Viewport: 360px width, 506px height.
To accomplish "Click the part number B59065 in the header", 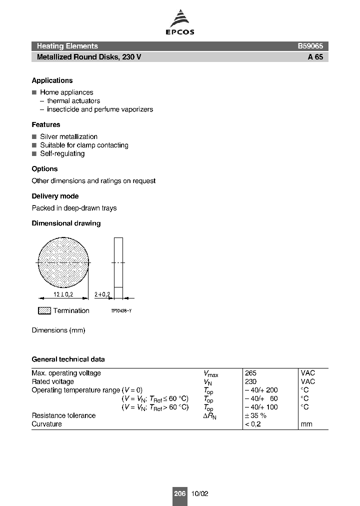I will point(310,46).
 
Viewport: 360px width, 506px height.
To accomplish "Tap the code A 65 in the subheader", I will point(315,57).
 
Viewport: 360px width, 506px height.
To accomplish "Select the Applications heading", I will point(52,80).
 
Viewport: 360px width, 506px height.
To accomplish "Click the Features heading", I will point(46,124).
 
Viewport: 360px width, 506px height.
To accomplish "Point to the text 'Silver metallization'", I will point(68,136).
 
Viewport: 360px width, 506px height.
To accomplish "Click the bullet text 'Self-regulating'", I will point(62,153).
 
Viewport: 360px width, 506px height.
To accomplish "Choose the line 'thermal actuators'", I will point(73,100).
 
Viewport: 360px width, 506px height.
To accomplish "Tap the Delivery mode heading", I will point(55,196).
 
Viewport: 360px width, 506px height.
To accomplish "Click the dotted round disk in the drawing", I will point(63,262).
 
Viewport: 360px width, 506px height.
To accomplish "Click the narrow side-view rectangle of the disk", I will point(118,262).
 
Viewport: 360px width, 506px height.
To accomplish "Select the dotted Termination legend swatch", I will point(44,310).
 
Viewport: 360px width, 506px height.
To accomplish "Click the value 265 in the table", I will point(250,373).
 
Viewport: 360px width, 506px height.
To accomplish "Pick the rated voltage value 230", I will point(250,381).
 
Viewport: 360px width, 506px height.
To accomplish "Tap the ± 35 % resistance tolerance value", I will point(255,415).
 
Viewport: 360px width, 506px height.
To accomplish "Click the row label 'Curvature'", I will point(47,424).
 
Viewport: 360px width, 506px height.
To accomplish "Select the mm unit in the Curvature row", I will point(306,424).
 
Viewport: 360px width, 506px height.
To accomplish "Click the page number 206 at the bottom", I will point(179,493).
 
